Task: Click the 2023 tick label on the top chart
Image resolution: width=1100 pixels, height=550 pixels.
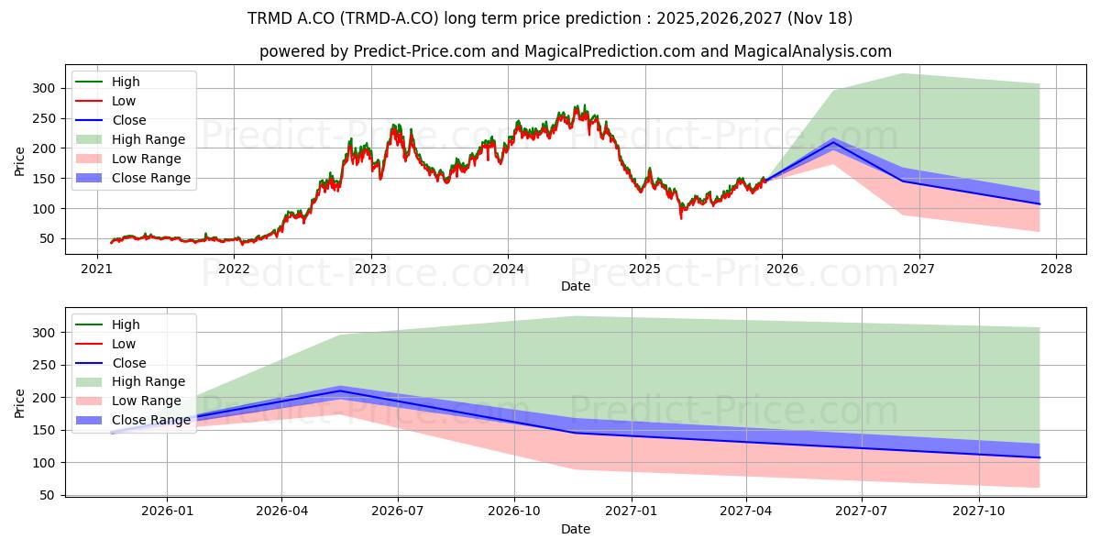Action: [370, 269]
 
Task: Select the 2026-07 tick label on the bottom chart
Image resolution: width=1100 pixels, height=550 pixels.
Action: [397, 511]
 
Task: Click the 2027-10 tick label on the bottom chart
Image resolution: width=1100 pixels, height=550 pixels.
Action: [980, 511]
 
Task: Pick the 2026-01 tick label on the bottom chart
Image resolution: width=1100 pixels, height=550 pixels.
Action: [166, 511]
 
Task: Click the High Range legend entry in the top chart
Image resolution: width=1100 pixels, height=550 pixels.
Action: [148, 139]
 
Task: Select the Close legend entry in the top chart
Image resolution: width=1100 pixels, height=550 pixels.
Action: [129, 120]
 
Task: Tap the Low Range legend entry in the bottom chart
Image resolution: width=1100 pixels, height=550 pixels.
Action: [147, 401]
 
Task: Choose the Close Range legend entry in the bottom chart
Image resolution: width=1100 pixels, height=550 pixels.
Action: [151, 420]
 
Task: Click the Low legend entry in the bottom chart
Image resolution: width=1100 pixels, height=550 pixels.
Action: [124, 344]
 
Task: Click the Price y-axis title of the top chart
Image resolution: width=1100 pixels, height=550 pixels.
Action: [19, 161]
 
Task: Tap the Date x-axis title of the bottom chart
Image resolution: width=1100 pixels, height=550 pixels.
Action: [576, 529]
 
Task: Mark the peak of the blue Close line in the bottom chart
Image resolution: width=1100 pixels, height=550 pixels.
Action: [340, 390]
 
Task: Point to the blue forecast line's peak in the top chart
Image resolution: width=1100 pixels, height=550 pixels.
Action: [833, 142]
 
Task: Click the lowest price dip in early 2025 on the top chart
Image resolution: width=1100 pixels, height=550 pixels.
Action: [680, 216]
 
